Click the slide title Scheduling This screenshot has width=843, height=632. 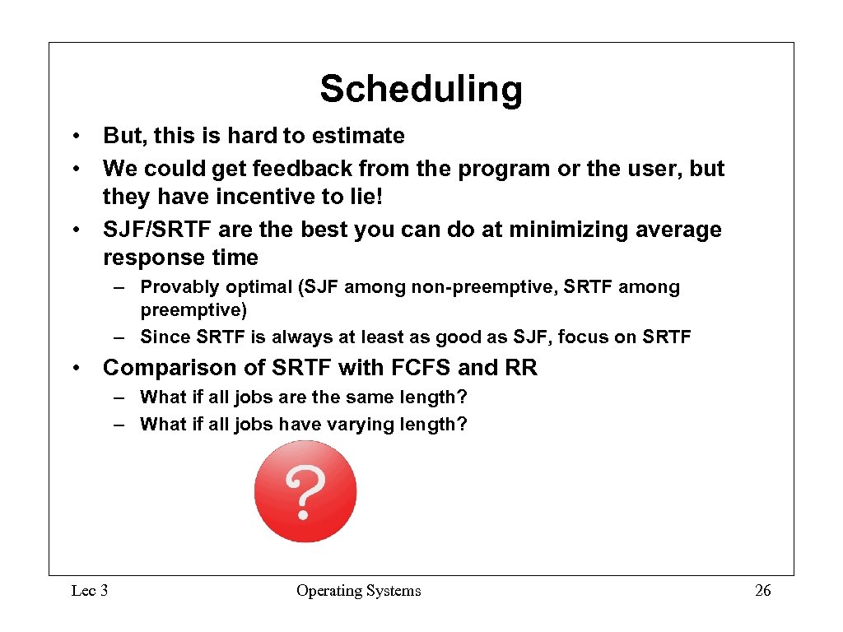tap(421, 89)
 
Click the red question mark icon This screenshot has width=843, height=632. tap(305, 491)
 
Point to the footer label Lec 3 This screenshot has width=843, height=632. tap(90, 591)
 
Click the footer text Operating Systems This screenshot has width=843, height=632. tap(358, 591)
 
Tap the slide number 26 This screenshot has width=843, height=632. tap(763, 591)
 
